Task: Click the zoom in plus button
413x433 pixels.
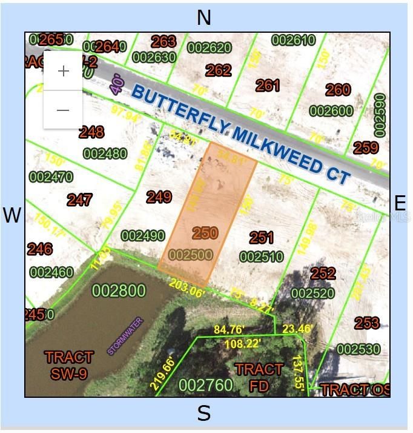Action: (63, 71)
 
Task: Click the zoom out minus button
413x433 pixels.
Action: (63, 110)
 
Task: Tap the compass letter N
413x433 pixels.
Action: (204, 18)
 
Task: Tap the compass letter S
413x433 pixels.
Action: (204, 414)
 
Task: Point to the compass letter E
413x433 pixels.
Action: (400, 203)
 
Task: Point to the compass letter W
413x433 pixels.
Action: (12, 215)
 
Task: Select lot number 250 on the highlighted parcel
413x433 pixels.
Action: (205, 233)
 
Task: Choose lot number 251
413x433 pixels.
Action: (261, 238)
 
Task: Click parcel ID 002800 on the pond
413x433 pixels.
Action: (119, 291)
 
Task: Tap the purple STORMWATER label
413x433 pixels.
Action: (124, 336)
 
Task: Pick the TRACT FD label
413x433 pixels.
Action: (259, 377)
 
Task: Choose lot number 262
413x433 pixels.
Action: (218, 70)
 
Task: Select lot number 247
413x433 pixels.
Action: (80, 200)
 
